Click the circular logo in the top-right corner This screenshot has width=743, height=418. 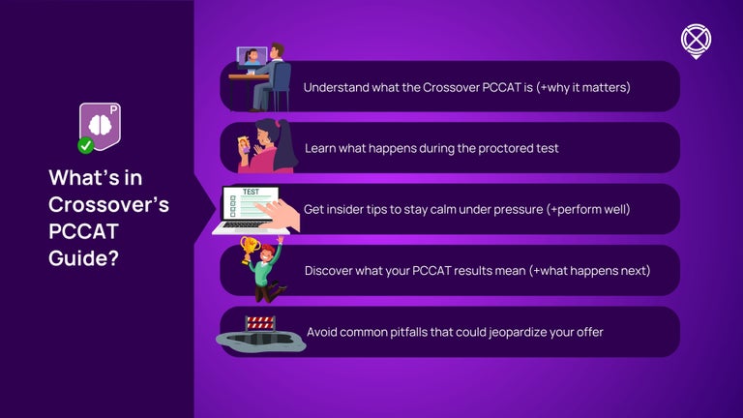coord(696,40)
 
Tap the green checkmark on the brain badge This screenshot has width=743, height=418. coord(85,145)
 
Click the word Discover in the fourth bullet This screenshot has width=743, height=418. coord(333,271)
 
